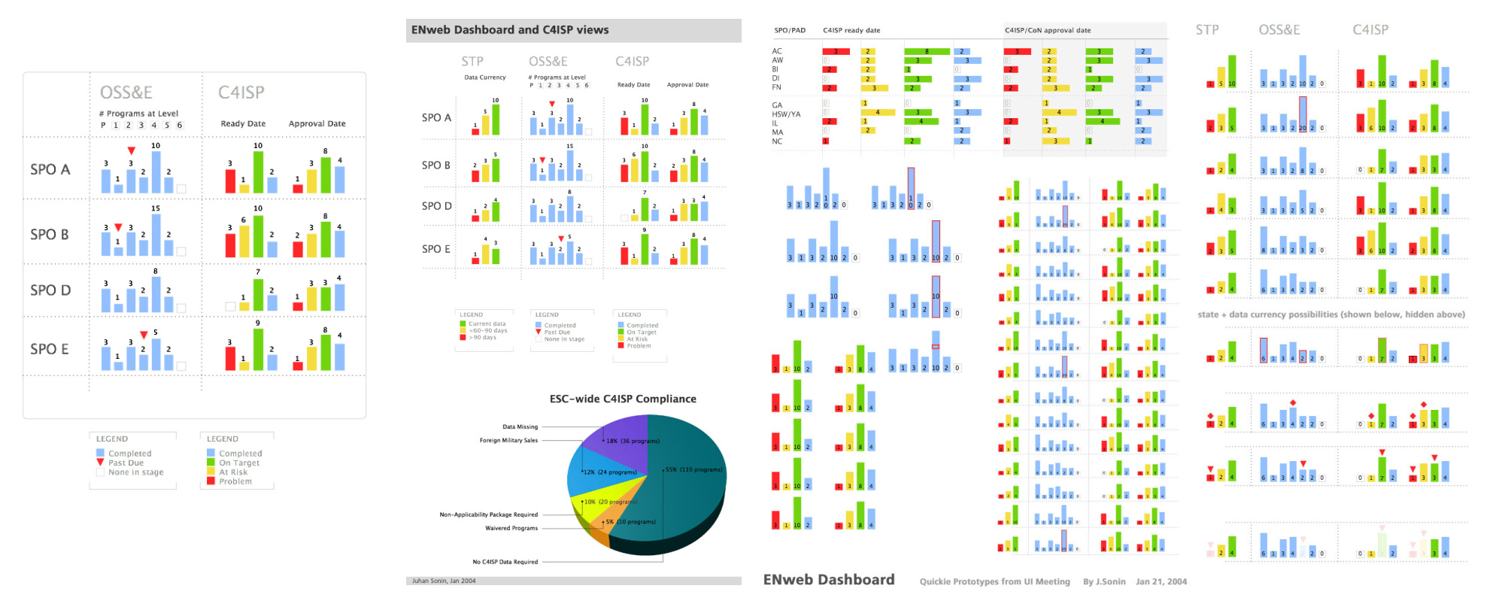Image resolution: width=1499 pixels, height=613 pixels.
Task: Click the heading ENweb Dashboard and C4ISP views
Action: tap(510, 30)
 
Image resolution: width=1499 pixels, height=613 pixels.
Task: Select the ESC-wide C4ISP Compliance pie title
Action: tap(623, 399)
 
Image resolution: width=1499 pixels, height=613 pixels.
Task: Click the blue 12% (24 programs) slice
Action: tap(594, 470)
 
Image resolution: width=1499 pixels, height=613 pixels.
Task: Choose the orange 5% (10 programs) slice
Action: tap(613, 522)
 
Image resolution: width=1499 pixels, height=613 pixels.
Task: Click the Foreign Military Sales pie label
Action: tap(508, 440)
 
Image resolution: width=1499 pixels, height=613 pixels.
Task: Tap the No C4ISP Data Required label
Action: tap(505, 562)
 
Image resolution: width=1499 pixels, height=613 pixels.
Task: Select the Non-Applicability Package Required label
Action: tap(488, 514)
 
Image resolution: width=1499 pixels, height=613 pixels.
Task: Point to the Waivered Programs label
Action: tap(511, 528)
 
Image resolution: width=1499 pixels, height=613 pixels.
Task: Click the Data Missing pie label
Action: tap(520, 426)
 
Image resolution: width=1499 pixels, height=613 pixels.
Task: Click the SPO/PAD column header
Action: tap(790, 31)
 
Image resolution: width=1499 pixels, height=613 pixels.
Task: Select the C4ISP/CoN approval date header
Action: tap(1047, 31)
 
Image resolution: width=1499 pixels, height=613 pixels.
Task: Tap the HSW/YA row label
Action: tap(786, 114)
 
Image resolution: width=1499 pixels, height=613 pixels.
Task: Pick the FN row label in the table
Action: tap(776, 87)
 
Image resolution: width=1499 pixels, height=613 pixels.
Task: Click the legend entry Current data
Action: tap(487, 323)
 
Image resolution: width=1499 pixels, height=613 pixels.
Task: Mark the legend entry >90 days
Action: tap(482, 338)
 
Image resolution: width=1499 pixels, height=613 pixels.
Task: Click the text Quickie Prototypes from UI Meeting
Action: tap(994, 581)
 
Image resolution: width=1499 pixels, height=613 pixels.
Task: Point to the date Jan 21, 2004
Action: tap(1161, 581)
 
